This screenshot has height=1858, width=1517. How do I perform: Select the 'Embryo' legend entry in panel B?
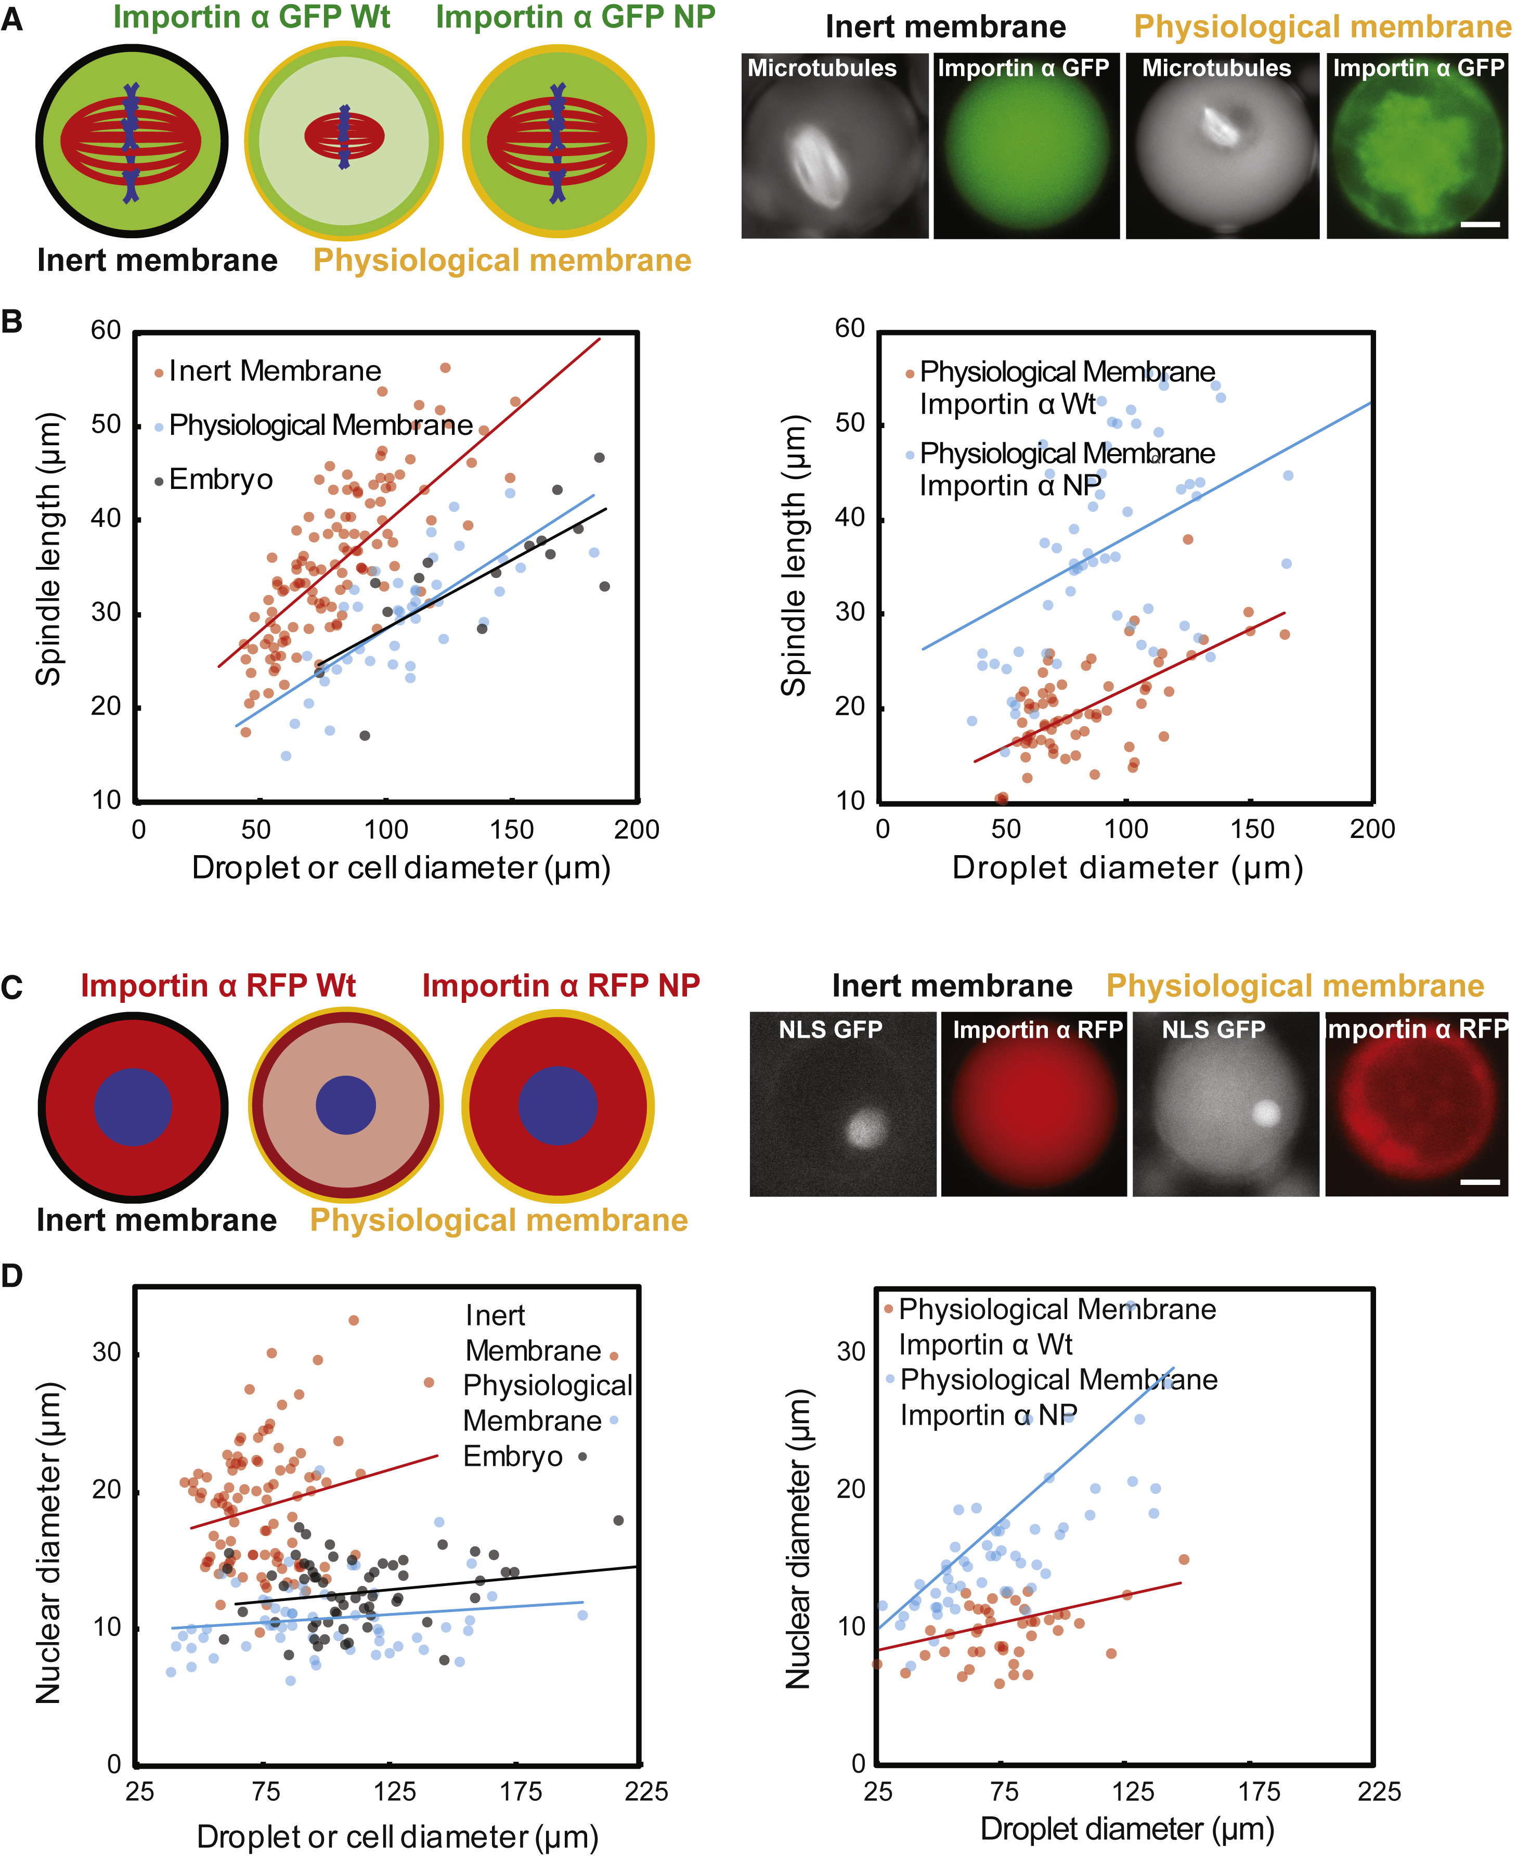pyautogui.click(x=220, y=480)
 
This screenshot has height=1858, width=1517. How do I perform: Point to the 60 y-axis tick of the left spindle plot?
pyautogui.click(x=106, y=330)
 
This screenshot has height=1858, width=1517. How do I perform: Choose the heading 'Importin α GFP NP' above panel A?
pyautogui.click(x=575, y=18)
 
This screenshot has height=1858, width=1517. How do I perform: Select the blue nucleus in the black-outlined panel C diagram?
pyautogui.click(x=133, y=1106)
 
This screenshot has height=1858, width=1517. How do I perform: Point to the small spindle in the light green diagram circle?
pyautogui.click(x=344, y=137)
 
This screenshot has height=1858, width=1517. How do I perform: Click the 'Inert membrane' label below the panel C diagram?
pyautogui.click(x=157, y=1220)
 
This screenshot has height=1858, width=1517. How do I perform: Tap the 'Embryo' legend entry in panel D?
pyautogui.click(x=513, y=1457)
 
